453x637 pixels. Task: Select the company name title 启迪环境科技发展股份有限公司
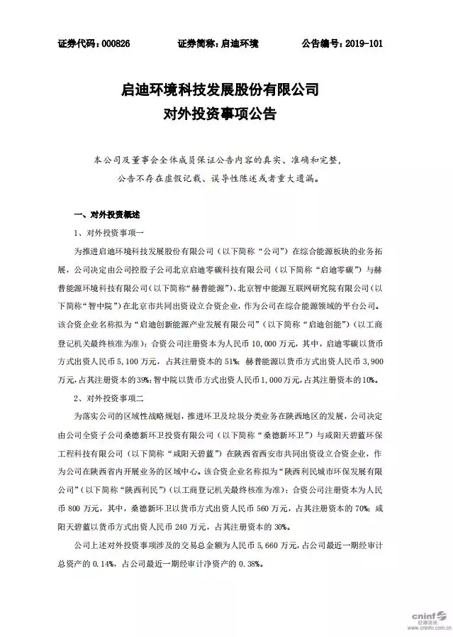point(227,90)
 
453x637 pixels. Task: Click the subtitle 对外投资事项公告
point(227,113)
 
